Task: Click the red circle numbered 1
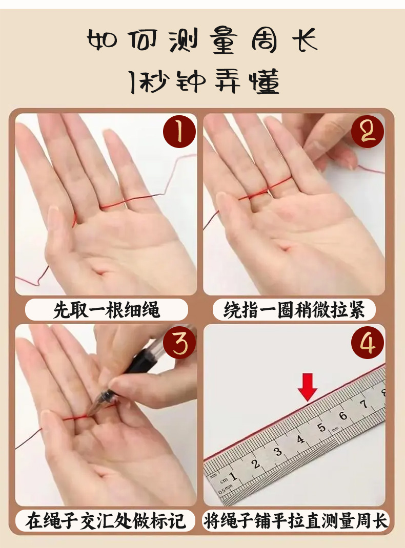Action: pos(179,132)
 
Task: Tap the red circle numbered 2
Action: pos(367,132)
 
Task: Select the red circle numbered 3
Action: pos(179,343)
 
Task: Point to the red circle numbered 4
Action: pos(367,343)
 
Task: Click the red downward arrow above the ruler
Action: pos(308,387)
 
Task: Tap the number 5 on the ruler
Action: pos(321,428)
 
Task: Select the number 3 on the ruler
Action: pos(278,452)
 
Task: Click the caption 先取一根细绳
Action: pos(106,310)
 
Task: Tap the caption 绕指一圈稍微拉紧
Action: pos(294,310)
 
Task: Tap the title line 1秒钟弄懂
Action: pos(204,81)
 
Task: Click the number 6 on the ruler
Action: pos(343,415)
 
